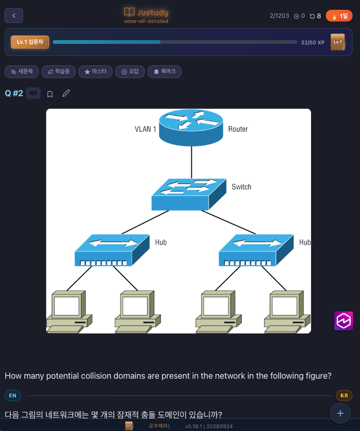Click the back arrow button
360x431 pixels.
(x=14, y=16)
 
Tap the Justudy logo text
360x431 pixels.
(x=153, y=12)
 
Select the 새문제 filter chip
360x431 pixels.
(x=21, y=72)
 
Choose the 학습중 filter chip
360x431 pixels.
(x=58, y=72)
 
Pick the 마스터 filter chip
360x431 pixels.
(x=95, y=72)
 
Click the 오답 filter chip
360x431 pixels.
(x=130, y=72)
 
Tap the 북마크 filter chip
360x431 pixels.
(x=165, y=72)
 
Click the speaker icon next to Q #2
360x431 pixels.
(x=33, y=93)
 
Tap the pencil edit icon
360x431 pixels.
(x=66, y=93)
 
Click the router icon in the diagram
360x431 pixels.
(x=191, y=127)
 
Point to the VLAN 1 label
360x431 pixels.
(x=145, y=129)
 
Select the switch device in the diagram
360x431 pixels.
(x=189, y=194)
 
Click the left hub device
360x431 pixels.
(x=112, y=250)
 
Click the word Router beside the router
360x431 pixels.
(x=238, y=129)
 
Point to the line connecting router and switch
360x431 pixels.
(x=191, y=163)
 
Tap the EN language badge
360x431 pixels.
(x=13, y=396)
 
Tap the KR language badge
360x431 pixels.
(x=344, y=396)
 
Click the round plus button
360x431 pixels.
(x=340, y=413)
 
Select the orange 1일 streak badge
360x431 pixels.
(x=339, y=16)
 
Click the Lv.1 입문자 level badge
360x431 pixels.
(x=30, y=42)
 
